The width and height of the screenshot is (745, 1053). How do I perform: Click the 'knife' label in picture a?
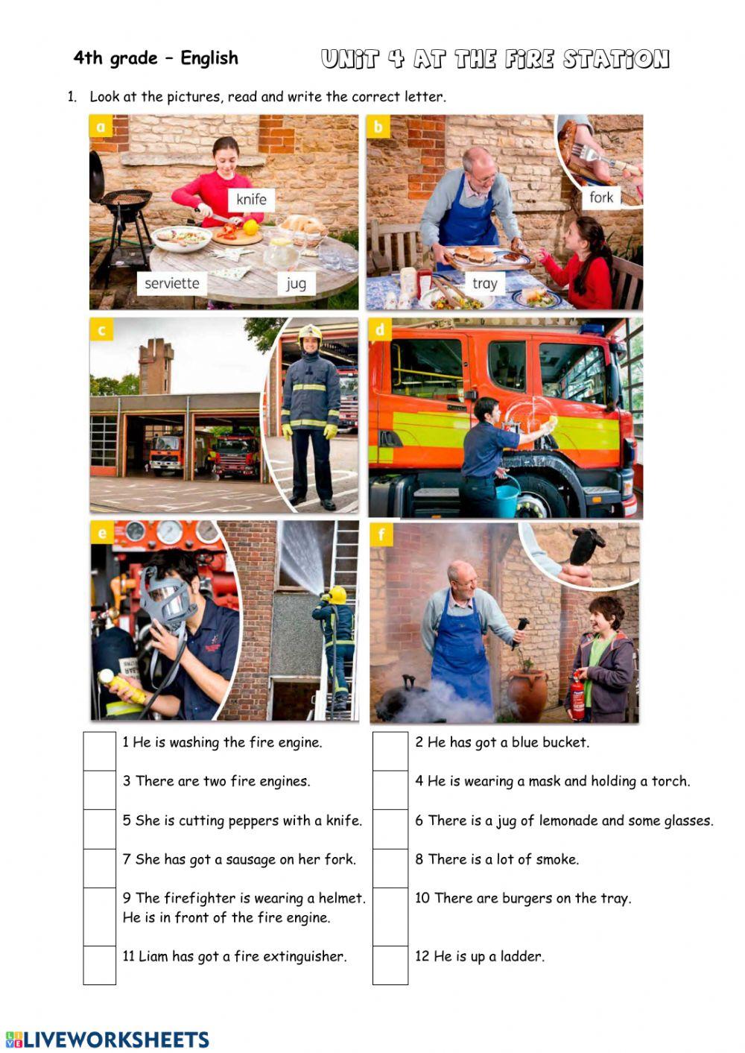point(252,199)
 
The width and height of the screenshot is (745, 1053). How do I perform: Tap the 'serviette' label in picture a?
point(172,283)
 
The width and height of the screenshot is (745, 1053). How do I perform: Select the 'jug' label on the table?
point(296,283)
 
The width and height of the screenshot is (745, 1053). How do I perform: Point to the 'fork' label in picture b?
point(601,197)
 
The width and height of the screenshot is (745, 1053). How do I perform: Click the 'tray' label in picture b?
point(485,283)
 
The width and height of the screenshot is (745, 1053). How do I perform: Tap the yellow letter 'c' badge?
point(101,329)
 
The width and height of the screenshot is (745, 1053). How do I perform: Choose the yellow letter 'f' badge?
point(381,534)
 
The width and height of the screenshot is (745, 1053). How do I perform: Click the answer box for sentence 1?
point(100,751)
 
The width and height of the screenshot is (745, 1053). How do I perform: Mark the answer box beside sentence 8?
point(390,868)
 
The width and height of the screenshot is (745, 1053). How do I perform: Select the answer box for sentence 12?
point(390,965)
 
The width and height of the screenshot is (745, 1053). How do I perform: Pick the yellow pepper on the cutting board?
point(251,227)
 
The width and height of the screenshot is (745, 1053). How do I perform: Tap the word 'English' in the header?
point(209,58)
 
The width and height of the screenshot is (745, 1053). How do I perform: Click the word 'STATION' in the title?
point(616,60)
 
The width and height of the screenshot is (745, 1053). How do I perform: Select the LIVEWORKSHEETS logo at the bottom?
point(107,1039)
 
